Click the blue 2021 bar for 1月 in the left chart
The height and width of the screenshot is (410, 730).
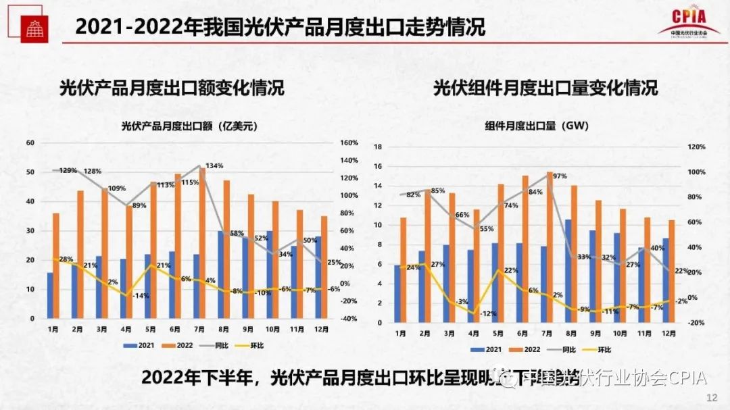click(x=49, y=295)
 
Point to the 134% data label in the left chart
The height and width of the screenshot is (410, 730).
click(x=214, y=166)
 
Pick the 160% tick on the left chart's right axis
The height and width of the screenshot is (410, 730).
click(x=349, y=143)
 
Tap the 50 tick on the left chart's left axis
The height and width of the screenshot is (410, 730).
click(x=30, y=172)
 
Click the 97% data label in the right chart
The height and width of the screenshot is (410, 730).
click(x=559, y=176)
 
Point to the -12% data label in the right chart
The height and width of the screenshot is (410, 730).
click(x=489, y=313)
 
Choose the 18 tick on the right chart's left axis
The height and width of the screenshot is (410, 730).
click(x=379, y=147)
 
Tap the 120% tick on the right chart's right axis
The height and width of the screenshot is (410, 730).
click(x=696, y=147)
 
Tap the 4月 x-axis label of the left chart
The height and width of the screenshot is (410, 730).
click(x=126, y=329)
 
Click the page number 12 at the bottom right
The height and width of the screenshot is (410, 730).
click(x=710, y=397)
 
